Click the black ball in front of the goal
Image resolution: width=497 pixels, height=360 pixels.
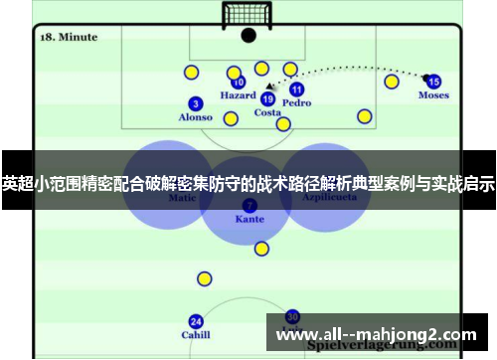[248, 35]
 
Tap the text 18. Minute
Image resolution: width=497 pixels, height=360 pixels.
[69, 37]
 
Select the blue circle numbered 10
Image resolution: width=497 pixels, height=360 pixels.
[239, 83]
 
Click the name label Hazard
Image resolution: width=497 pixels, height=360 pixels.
[239, 96]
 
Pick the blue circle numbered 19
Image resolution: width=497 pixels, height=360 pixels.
[267, 98]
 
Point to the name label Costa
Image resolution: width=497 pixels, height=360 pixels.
[267, 112]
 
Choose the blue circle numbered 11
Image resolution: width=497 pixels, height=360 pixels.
[296, 90]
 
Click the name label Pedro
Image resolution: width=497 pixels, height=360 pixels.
[296, 102]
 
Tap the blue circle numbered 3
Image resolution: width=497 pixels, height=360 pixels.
[195, 103]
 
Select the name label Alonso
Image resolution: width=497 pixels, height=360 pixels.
[195, 117]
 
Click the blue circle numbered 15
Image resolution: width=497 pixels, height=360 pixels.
[433, 82]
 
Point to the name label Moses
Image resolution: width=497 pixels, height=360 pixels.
[433, 95]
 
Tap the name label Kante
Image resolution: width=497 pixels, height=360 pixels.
[248, 218]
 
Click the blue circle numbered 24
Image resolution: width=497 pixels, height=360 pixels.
[196, 321]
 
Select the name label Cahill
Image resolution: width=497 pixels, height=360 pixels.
[196, 335]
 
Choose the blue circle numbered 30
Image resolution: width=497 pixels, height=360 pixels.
[292, 315]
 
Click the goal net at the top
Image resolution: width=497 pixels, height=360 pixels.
[248, 12]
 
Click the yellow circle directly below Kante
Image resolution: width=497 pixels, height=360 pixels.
[261, 249]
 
